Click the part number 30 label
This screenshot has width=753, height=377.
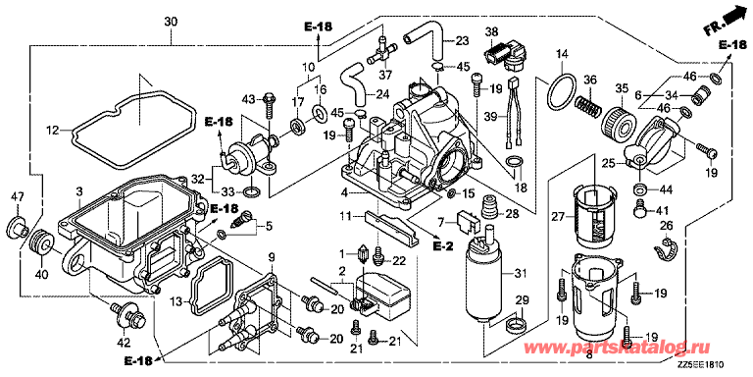pos(171,22)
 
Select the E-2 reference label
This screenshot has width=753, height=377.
pos(442,245)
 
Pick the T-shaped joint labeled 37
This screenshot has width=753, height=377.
pos(382,50)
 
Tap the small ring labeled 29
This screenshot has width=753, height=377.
pos(518,324)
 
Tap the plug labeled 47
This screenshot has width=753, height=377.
pos(19,226)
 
